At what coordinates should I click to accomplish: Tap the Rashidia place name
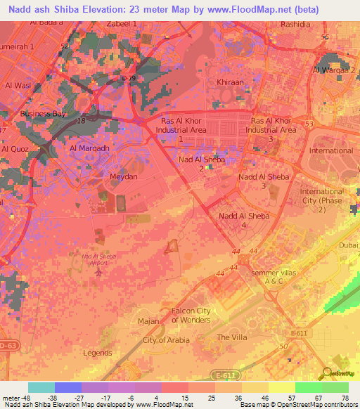coord(295,23)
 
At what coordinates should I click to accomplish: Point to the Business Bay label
coord(43,113)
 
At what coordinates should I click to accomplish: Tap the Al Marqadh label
coord(89,148)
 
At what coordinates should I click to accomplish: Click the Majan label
coord(148,321)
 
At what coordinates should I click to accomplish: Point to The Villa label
coord(232,337)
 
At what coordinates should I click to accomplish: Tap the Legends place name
coord(98,353)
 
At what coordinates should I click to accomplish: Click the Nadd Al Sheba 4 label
coord(243,221)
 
